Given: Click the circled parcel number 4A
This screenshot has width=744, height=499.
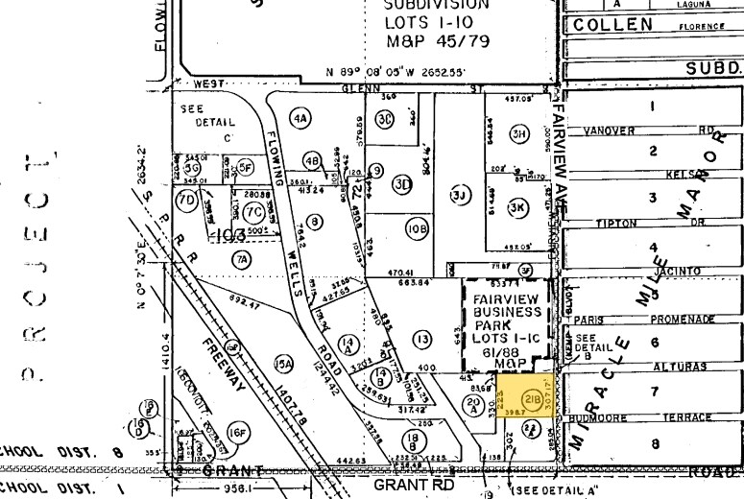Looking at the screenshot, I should point(301,120).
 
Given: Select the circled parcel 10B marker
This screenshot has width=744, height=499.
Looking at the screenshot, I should point(416,229).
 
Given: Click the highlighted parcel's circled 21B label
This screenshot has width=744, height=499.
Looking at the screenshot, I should point(530,398).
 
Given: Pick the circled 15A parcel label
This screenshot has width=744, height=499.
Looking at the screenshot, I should point(282,364).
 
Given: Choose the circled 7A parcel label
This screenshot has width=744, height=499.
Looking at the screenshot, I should point(240,259).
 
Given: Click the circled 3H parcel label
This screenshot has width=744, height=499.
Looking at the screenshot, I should point(520,133).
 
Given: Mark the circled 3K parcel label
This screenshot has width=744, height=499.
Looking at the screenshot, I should point(518,206).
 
